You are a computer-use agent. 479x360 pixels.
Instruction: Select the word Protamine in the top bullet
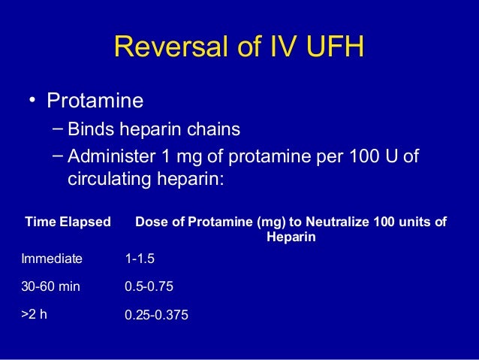pos(95,100)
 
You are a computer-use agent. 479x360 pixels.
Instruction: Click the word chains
pos(212,130)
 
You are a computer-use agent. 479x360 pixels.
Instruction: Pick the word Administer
pos(113,156)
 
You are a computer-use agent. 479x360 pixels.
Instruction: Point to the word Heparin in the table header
pos(291,237)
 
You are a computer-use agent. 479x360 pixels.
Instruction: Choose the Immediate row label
pos(53,259)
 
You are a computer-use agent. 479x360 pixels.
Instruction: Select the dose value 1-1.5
pos(140,259)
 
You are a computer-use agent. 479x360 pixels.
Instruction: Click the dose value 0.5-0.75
pos(151,287)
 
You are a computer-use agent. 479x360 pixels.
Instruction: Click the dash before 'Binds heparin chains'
pos(59,128)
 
